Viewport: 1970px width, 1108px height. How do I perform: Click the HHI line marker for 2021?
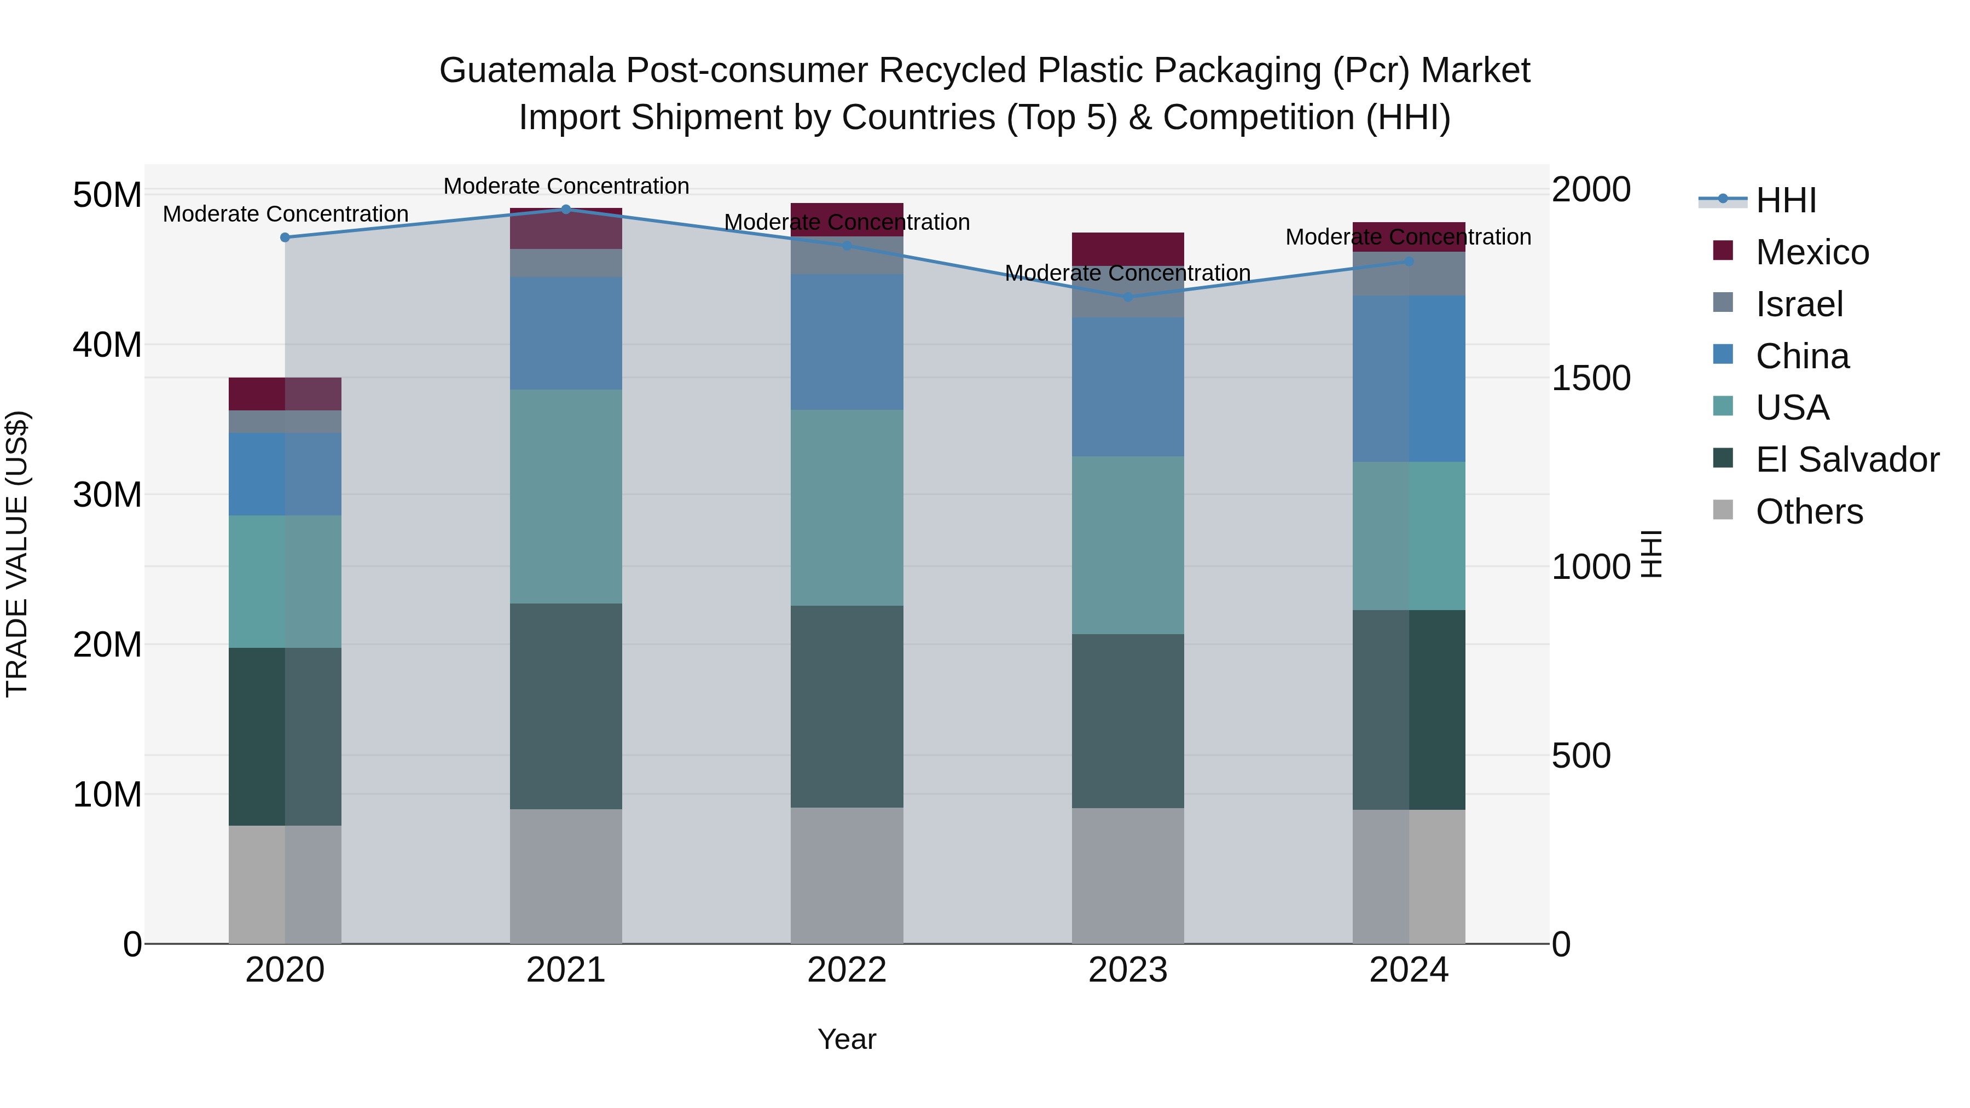566,210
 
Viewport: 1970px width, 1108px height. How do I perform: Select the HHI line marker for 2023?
1128,297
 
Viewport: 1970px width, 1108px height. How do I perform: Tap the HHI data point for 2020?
285,238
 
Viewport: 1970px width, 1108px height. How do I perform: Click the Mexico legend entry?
1811,252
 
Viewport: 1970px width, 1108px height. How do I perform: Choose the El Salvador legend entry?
1846,460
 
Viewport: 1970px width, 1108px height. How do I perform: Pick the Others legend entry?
1809,512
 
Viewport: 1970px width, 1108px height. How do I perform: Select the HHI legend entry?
1785,200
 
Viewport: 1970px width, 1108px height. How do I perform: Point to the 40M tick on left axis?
107,345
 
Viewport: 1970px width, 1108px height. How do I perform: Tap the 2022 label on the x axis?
847,970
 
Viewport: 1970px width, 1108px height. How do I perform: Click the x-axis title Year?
847,1039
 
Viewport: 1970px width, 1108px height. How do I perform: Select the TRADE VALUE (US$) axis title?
17,554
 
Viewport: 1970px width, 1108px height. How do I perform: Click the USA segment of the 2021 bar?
566,497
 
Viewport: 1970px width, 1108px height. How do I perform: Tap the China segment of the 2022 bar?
847,342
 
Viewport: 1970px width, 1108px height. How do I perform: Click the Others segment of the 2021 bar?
566,877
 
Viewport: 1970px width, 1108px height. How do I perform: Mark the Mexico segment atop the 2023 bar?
1128,248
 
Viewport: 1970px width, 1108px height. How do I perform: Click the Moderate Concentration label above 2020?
285,214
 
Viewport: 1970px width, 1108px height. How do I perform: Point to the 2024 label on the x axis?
1409,970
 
